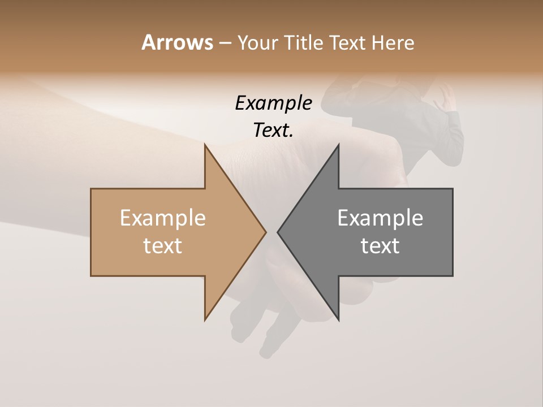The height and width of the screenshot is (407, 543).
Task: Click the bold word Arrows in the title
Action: [x=177, y=42]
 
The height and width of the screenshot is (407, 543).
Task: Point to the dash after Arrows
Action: [x=225, y=44]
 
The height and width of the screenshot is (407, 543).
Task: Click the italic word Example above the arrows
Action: [x=273, y=103]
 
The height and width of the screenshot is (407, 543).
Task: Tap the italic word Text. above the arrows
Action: [x=273, y=131]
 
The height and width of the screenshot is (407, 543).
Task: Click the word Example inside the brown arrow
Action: [x=163, y=218]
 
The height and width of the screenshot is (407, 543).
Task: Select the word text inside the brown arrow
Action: [x=163, y=246]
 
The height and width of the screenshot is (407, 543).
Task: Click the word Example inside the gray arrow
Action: [x=380, y=218]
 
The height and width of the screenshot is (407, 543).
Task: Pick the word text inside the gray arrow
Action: [x=380, y=246]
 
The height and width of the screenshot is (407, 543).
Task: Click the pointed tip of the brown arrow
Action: [x=265, y=232]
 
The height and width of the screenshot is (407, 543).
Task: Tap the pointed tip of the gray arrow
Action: [x=279, y=232]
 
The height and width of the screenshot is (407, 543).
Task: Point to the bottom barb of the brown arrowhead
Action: [x=206, y=318]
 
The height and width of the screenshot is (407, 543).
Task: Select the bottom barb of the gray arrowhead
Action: [x=338, y=318]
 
